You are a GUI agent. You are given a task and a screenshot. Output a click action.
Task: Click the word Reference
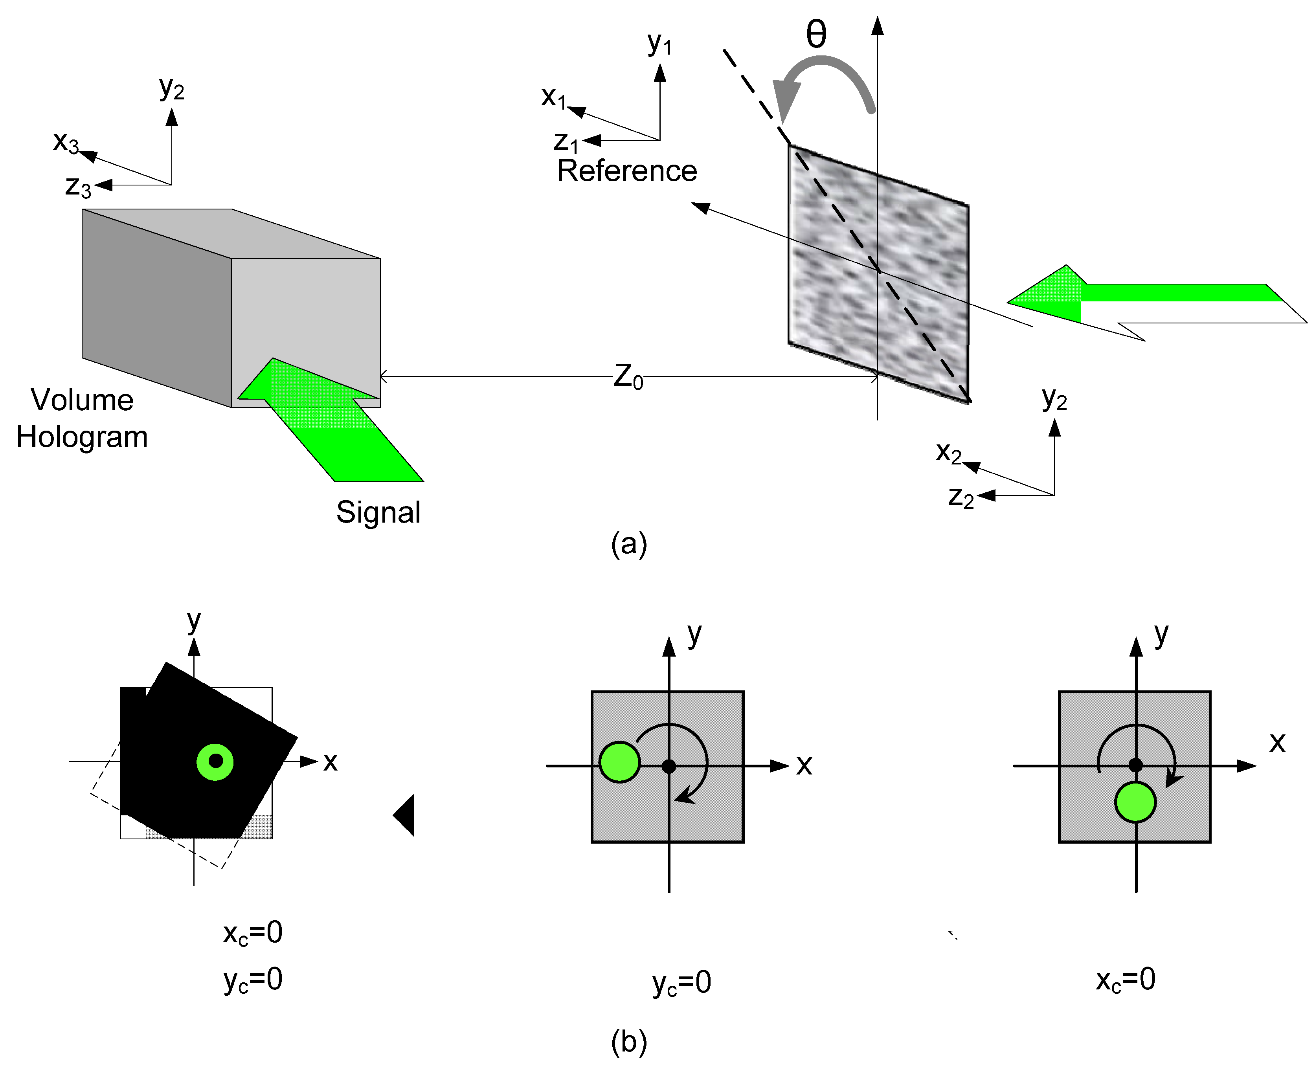coord(627,171)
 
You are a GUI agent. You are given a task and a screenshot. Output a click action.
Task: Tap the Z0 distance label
coord(628,377)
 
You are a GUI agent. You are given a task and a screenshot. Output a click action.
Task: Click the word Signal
coord(378,512)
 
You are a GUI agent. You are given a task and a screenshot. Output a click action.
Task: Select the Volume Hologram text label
coord(82,418)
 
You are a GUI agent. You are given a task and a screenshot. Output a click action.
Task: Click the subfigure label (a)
coord(629,543)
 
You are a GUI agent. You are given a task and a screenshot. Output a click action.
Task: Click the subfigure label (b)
coord(629,1042)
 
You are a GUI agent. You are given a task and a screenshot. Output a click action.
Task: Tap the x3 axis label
coord(66,142)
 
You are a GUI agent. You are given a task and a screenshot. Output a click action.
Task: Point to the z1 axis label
coord(566,143)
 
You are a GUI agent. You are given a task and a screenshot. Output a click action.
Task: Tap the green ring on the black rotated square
coord(215,762)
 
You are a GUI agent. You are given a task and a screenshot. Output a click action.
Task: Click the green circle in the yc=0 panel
coord(619,762)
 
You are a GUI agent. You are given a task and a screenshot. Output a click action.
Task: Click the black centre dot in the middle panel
coord(669,766)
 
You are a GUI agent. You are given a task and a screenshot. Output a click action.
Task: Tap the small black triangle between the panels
coord(406,815)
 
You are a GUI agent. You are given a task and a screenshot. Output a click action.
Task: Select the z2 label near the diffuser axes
coord(961,498)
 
